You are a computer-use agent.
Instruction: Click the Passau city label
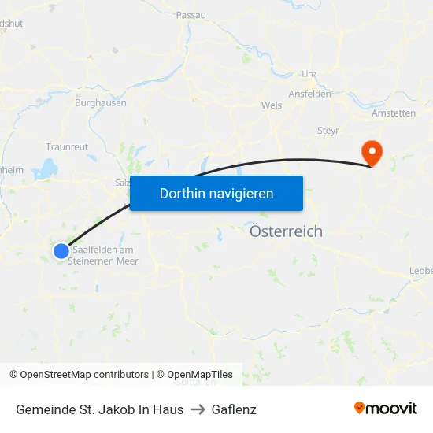191,15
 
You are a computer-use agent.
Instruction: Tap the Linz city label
309,74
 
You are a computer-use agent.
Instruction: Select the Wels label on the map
272,105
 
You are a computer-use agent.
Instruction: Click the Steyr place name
328,130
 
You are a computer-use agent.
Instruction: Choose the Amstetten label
394,113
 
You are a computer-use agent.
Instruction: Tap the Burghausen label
100,103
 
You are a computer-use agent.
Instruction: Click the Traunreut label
67,146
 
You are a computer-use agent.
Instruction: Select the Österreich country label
286,231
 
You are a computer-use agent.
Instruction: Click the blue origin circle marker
61,250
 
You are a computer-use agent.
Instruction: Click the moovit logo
386,409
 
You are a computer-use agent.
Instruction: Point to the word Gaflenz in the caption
233,409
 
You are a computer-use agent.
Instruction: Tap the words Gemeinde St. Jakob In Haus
99,409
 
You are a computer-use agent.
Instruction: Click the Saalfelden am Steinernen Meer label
103,256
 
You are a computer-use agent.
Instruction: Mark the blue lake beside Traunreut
46,168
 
